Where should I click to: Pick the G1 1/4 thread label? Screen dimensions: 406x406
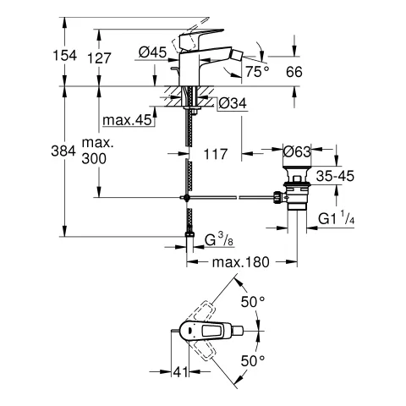click(348, 219)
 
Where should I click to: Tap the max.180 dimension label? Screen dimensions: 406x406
click(239, 262)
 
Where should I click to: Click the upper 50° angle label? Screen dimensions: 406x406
click(254, 300)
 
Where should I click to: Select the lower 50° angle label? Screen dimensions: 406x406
click(254, 359)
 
